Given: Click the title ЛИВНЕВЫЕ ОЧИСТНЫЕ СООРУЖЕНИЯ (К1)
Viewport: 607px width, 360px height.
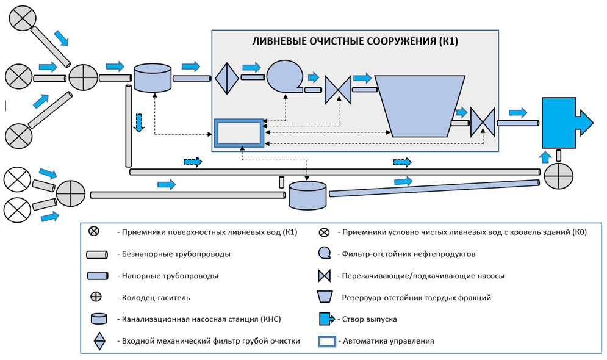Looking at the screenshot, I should point(355,42).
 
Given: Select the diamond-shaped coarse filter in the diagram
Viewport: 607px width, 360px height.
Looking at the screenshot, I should point(226,77).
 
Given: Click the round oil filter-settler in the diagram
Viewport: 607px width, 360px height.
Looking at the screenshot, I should point(283,76).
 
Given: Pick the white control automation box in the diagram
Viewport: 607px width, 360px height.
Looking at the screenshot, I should point(239,132).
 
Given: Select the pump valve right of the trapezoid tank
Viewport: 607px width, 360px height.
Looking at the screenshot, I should point(483,123).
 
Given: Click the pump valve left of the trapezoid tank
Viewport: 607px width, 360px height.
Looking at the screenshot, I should point(337,90).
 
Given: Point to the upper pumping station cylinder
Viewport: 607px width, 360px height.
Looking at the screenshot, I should point(154,77).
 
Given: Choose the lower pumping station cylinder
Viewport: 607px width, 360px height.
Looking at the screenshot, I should point(307,194).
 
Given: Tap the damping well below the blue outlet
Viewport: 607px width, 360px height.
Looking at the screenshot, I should point(558,177).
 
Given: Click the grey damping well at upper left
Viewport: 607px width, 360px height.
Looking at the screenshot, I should point(83,77).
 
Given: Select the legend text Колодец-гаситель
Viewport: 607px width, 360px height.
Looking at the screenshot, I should point(156,297).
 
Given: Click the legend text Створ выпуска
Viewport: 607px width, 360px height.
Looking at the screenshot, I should point(370,319).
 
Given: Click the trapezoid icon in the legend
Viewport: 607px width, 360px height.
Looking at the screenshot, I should point(325,297).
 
